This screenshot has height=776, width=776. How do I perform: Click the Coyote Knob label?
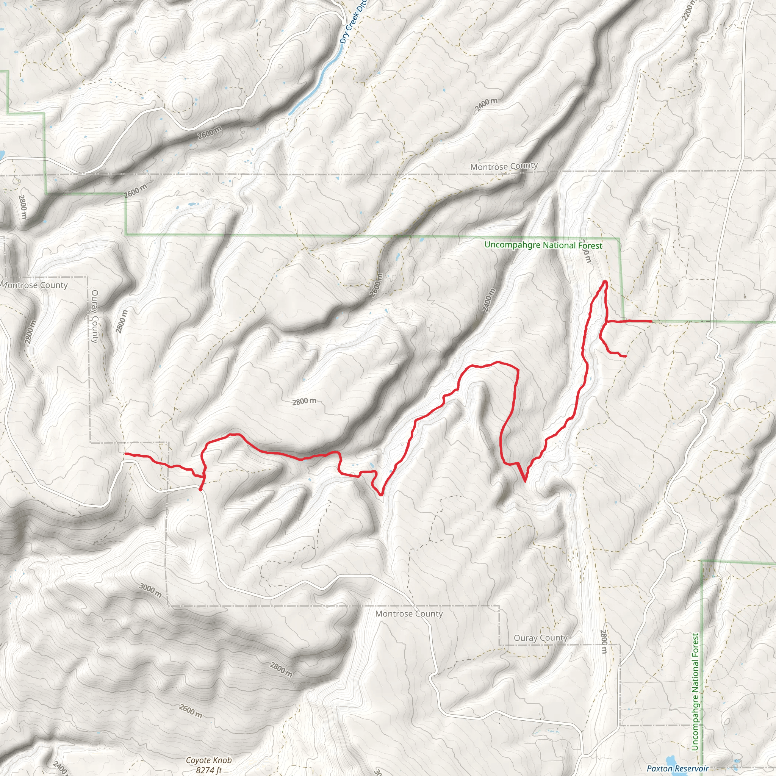pos(208,760)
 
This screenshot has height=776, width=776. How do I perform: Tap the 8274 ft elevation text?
pos(209,770)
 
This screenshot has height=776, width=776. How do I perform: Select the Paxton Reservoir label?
pos(677,768)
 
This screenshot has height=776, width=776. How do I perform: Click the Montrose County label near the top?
pos(504,166)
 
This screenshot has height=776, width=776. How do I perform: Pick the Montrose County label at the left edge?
pos(34,285)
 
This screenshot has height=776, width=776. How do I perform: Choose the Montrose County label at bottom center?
pos(409,613)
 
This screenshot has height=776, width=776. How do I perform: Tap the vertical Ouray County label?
pos(95,316)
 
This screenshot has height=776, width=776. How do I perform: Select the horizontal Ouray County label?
pos(540,638)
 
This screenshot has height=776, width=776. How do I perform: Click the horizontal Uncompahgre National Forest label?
pos(543,245)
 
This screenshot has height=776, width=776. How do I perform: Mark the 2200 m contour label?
pos(688,10)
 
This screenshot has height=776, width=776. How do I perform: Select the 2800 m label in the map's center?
pos(304,401)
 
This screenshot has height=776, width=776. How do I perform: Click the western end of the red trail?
pos(125,454)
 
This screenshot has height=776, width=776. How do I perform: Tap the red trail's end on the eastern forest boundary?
pos(651,321)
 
